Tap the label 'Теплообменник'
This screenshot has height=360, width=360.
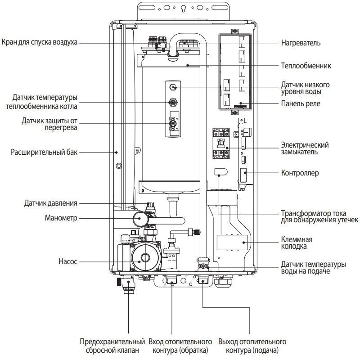[306, 66]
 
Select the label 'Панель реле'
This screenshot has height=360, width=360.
[301, 104]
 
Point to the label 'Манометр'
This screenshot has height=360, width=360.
[62, 218]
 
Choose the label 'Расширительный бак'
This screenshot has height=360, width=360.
[44, 152]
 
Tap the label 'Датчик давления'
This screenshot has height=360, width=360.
[50, 203]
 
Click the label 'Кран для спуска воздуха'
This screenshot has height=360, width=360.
[39, 42]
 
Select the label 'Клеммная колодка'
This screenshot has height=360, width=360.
[297, 243]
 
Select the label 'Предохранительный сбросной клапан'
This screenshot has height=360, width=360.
[112, 346]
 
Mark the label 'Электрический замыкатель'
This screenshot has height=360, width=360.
[305, 148]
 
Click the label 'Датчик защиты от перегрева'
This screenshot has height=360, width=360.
[49, 124]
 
